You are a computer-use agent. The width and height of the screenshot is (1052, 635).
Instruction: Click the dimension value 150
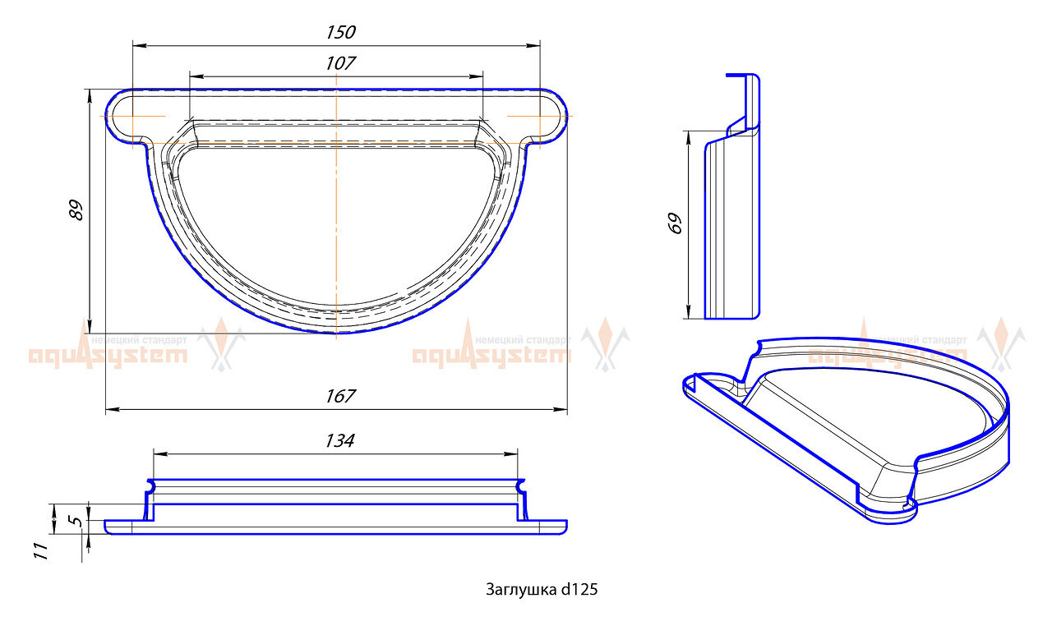point(340,32)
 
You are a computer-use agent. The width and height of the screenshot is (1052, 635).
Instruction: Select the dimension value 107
point(340,63)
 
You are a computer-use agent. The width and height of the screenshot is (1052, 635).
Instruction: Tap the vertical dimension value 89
point(76,209)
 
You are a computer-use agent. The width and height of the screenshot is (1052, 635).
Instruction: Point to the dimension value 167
point(339,396)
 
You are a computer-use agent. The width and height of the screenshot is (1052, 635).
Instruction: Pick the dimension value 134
point(339,441)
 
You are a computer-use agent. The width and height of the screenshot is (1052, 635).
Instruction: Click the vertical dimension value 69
point(675,223)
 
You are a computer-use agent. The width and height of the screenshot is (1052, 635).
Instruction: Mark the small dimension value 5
point(73,520)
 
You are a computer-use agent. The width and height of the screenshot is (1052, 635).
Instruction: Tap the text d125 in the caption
point(579,589)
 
